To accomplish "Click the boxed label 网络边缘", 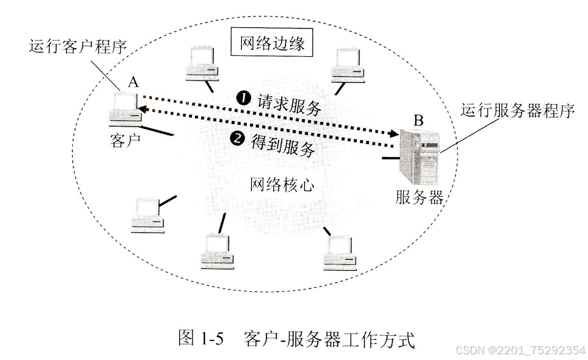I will [273, 44].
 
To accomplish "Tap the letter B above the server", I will [419, 118].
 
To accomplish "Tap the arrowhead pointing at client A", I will [144, 110].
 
